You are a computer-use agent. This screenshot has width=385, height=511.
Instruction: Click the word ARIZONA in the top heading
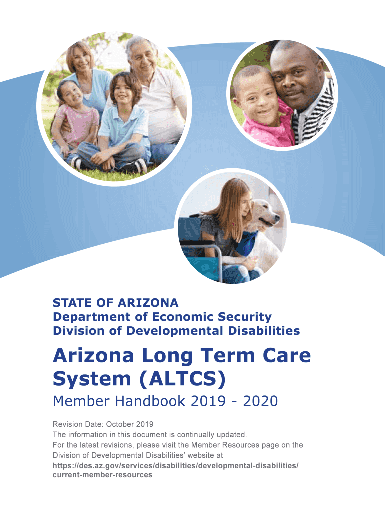point(148,303)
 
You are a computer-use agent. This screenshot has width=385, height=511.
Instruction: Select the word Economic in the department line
point(183,317)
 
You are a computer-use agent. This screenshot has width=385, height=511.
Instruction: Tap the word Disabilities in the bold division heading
point(264,331)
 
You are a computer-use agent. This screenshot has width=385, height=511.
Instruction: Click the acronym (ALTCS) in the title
point(182,379)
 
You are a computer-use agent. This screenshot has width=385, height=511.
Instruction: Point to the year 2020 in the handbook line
point(260,401)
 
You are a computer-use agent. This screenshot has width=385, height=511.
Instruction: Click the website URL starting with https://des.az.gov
point(175,466)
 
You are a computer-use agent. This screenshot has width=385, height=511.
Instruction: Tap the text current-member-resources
point(102,475)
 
